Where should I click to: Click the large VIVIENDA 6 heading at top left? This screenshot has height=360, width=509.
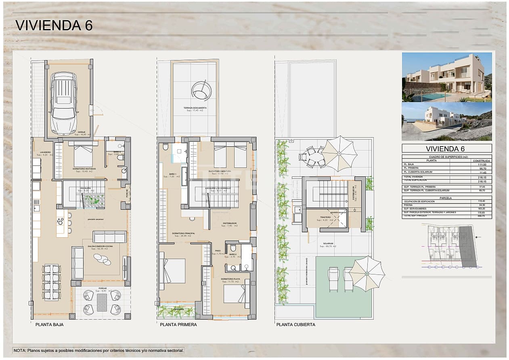click(54, 25)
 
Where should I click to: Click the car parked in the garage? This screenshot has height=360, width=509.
click(63, 103)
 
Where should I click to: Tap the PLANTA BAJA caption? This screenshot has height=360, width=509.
click(49, 324)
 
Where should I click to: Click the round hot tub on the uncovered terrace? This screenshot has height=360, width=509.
click(201, 90)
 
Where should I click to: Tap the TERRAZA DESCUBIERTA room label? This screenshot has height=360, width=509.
click(195, 108)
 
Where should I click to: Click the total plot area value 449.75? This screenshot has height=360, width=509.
click(482, 216)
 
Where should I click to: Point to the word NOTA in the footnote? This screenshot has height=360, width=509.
click(19, 351)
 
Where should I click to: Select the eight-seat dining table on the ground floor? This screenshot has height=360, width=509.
click(52, 282)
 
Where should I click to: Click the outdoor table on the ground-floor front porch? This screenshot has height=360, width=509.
click(102, 302)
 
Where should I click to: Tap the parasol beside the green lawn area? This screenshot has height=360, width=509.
click(367, 274)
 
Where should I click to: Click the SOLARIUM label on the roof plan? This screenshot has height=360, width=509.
click(328, 244)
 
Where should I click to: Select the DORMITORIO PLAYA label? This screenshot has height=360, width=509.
click(230, 279)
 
